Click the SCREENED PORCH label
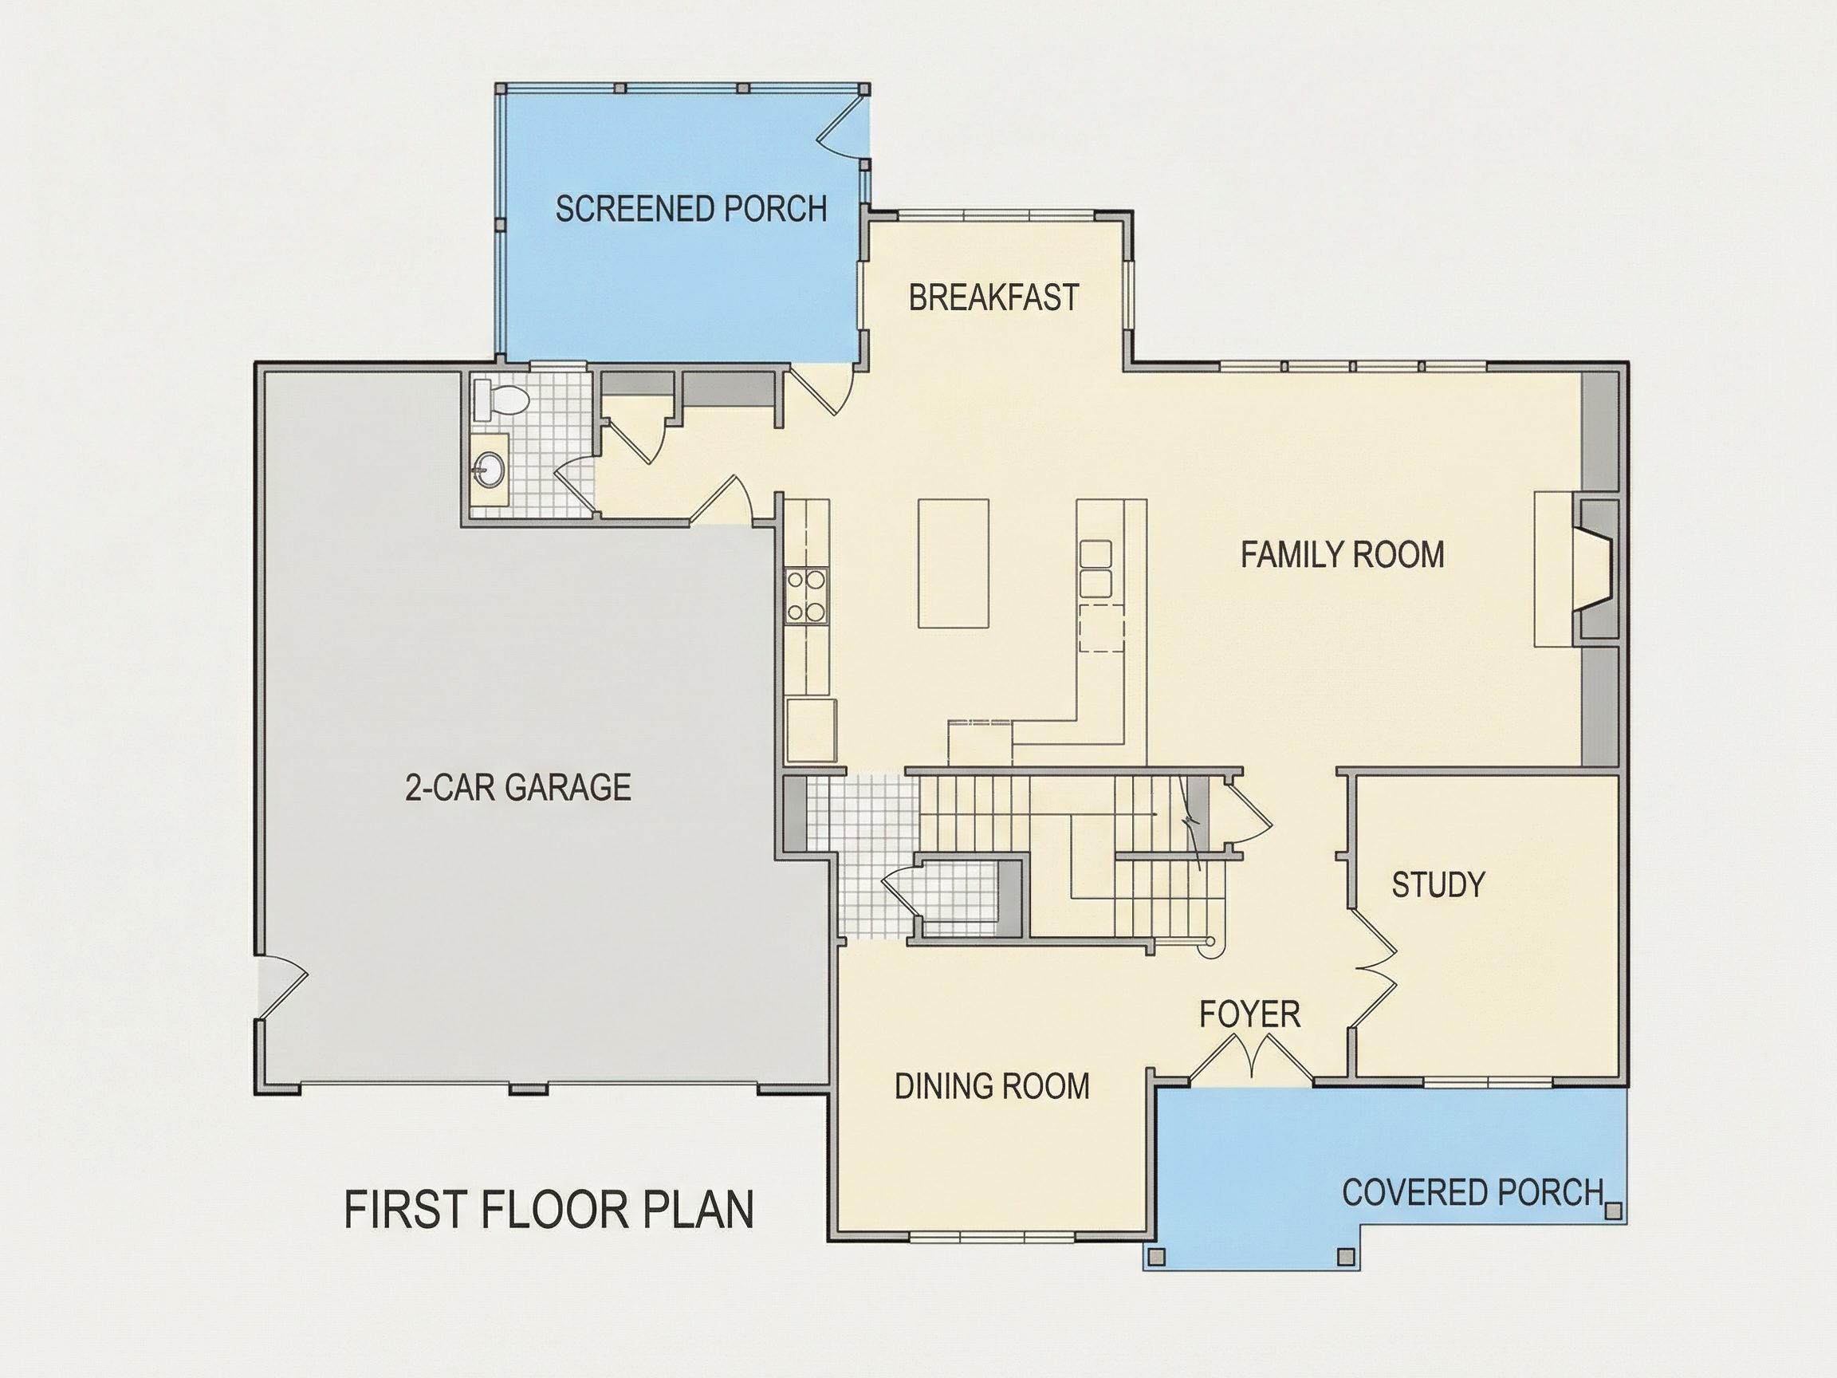pyautogui.click(x=691, y=208)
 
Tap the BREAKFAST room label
pyautogui.click(x=993, y=297)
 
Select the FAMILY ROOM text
pyautogui.click(x=1342, y=555)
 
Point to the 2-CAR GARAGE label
pyautogui.click(x=518, y=787)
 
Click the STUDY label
pyautogui.click(x=1438, y=884)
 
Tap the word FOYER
pyautogui.click(x=1250, y=1014)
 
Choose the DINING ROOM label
pyautogui.click(x=992, y=1086)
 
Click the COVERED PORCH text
pyautogui.click(x=1473, y=1193)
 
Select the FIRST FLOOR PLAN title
pyautogui.click(x=549, y=1210)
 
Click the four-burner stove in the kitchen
pyautogui.click(x=806, y=596)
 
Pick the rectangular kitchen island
pyautogui.click(x=953, y=563)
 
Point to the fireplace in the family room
pyautogui.click(x=1595, y=570)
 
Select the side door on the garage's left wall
pyautogui.click(x=281, y=986)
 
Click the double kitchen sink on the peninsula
pyautogui.click(x=1096, y=568)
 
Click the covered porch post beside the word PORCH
pyautogui.click(x=1613, y=1211)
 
